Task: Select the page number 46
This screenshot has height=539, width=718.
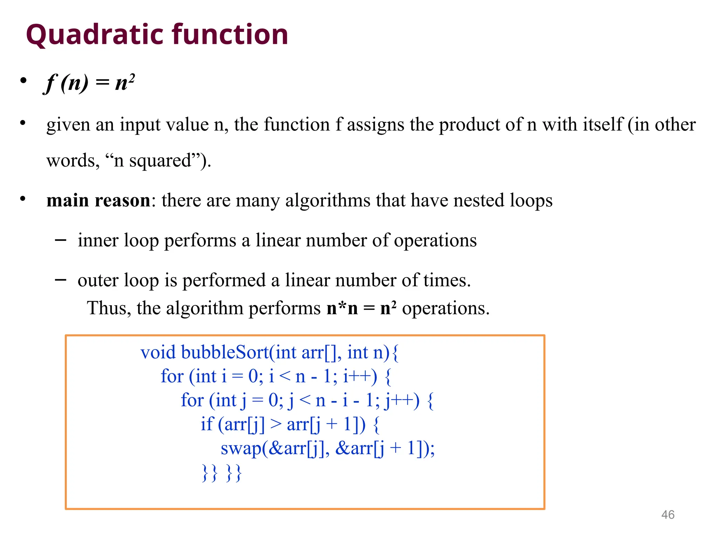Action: click(x=668, y=515)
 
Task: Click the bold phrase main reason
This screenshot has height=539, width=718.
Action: click(x=99, y=200)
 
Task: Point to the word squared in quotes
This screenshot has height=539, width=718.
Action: click(x=160, y=161)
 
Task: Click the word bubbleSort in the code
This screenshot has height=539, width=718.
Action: click(x=225, y=352)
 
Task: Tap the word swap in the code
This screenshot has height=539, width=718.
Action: click(x=241, y=448)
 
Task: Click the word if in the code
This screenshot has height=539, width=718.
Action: click(x=207, y=424)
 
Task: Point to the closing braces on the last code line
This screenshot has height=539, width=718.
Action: click(x=222, y=472)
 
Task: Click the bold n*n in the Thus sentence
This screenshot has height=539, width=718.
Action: click(x=342, y=308)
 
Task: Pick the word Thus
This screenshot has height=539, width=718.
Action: click(x=109, y=308)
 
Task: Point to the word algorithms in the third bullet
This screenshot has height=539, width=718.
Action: click(x=328, y=201)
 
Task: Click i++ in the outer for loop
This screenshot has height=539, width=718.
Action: click(x=360, y=377)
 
